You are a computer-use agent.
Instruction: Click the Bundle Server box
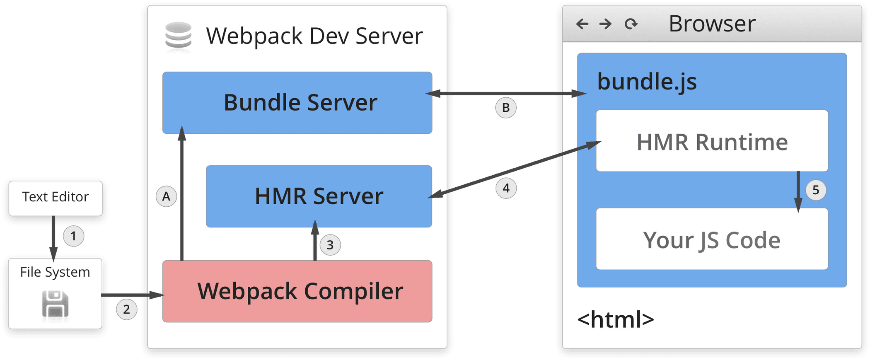[x=297, y=103]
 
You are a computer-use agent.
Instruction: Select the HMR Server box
[x=319, y=196]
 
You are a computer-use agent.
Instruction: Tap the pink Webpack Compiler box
[x=297, y=291]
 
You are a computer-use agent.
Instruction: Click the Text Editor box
[x=56, y=197]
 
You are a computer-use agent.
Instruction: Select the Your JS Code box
[x=712, y=239]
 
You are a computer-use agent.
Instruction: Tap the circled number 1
[x=73, y=236]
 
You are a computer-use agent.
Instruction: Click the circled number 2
[x=126, y=309]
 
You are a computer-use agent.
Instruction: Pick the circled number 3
[x=330, y=245]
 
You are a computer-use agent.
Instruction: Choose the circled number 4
[x=506, y=188]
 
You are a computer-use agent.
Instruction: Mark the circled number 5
[x=816, y=190]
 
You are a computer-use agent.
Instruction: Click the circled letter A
[x=166, y=196]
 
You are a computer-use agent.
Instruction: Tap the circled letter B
[x=505, y=108]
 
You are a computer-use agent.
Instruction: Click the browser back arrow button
[x=582, y=24]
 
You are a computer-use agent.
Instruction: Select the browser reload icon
[x=631, y=24]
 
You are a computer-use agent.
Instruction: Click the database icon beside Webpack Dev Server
[x=178, y=36]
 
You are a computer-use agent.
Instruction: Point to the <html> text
[x=615, y=319]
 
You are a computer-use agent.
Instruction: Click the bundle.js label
[x=647, y=82]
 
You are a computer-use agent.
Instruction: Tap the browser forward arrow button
[x=606, y=24]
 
